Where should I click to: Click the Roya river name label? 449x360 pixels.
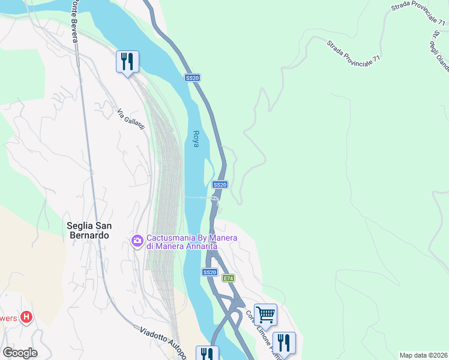[x=196, y=139]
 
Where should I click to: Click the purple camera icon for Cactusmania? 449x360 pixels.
[x=137, y=241]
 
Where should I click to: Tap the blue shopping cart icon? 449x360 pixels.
[x=265, y=313]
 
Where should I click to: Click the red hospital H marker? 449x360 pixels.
[x=26, y=317]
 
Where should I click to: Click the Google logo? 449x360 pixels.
[x=20, y=353]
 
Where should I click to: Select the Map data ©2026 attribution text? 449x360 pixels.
[x=423, y=355]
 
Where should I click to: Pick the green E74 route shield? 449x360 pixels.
[x=228, y=278]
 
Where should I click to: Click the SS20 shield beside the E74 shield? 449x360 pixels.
[x=209, y=272]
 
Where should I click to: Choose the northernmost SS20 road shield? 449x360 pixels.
[x=192, y=78]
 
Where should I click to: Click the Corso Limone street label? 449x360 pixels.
[x=260, y=331]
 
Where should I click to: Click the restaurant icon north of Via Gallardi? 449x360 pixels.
[x=127, y=61]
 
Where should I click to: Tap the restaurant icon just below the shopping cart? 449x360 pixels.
[x=284, y=342]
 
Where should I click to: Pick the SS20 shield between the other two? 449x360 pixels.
[x=220, y=185]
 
